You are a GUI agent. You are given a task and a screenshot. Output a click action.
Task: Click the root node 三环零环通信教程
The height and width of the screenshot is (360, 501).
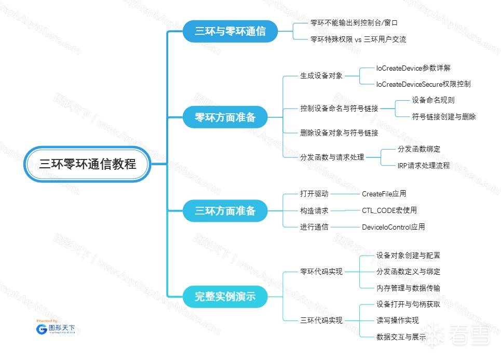coord(88,164)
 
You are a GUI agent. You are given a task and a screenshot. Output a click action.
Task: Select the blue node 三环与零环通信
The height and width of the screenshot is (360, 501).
coord(230,31)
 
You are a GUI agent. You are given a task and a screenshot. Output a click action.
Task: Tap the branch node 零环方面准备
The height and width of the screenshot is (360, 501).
coord(225,117)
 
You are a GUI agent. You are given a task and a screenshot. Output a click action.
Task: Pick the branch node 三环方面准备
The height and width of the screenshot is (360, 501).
coord(225,211)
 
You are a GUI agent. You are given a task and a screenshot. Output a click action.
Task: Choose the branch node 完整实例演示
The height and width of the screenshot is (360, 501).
coord(225,297)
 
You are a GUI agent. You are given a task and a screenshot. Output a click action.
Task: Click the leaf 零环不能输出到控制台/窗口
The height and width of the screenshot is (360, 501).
coord(354,23)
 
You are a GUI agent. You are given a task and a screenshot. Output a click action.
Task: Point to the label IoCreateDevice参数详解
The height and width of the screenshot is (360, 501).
coord(413,68)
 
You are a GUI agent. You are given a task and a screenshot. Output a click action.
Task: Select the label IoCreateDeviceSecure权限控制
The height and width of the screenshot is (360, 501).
coord(423,84)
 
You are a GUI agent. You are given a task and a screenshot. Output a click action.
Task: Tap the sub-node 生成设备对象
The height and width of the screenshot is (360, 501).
coord(321,76)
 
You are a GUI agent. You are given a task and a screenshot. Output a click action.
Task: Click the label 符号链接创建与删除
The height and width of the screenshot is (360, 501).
coord(443,117)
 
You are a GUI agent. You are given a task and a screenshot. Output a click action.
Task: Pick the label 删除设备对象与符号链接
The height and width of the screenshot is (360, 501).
coord(338,133)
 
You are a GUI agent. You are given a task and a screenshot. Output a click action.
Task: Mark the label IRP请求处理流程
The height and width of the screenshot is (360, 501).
coord(423,166)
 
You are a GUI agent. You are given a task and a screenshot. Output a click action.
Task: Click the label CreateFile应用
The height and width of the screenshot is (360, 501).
coord(384,194)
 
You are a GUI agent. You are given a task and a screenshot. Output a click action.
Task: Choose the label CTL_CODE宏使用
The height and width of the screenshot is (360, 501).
coord(389,210)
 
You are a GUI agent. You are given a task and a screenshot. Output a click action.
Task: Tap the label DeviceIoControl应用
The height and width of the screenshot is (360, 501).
coord(393,227)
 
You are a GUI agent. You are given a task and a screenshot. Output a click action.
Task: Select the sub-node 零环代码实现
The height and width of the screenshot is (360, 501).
coord(321,272)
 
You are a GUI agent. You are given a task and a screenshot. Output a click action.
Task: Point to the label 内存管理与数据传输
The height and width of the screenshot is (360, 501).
coord(408,288)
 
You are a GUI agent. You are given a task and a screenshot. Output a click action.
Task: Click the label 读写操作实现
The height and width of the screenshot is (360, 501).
coord(397,320)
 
